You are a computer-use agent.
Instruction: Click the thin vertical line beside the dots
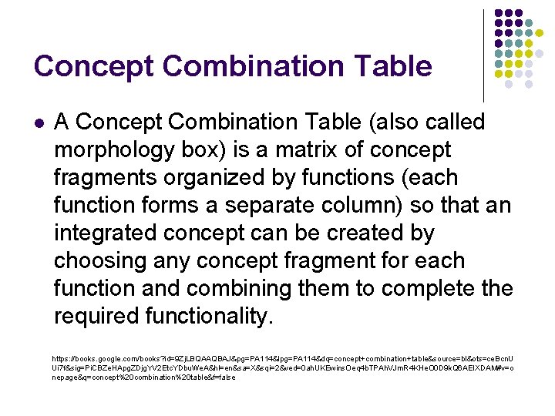pyautogui.click(x=483, y=54)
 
